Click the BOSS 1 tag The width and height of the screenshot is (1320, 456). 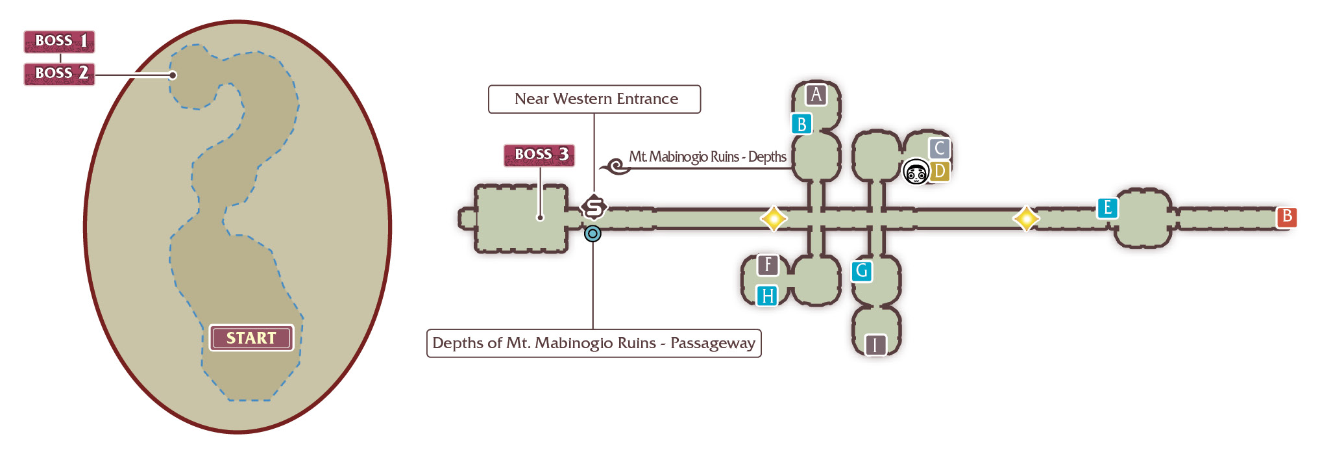click(59, 42)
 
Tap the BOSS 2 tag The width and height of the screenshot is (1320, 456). click(59, 74)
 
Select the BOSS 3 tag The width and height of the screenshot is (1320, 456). click(539, 155)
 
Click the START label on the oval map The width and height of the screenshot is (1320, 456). click(251, 338)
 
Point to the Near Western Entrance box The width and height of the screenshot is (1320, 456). click(594, 99)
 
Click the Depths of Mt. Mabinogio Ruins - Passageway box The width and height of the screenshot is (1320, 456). click(594, 343)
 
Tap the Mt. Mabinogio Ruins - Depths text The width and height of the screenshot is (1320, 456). click(707, 157)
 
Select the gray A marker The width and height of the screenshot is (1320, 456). click(816, 95)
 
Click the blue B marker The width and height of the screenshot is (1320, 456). click(802, 123)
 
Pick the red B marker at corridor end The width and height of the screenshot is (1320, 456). click(1286, 216)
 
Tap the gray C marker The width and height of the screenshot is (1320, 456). click(940, 149)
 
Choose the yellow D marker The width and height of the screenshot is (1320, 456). click(939, 171)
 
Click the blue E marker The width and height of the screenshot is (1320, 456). click(1108, 208)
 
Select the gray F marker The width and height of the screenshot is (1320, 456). click(768, 265)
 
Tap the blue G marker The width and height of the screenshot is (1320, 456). click(862, 271)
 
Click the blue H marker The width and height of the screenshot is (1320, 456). click(768, 296)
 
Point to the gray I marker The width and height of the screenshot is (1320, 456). click(875, 345)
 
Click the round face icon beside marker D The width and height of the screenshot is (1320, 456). click(916, 172)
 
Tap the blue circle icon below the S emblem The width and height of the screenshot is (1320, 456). click(593, 234)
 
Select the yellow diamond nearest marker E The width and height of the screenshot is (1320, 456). click(1026, 219)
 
